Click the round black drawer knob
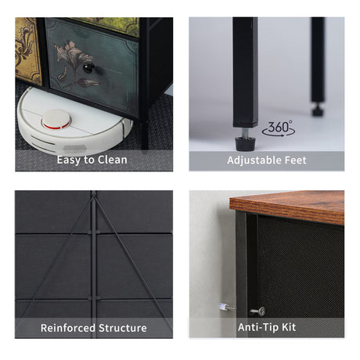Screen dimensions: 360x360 [x=88, y=68]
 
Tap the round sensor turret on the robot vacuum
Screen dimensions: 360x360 [x=56, y=120]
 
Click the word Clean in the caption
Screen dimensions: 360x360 [x=113, y=160]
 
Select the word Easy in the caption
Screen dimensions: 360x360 [x=69, y=160]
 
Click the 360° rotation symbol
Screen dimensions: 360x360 [x=279, y=128]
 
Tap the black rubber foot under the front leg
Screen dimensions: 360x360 [x=245, y=144]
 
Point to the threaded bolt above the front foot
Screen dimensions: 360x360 [x=245, y=132]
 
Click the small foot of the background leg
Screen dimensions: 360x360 [x=318, y=110]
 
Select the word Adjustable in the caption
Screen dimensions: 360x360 [x=254, y=160]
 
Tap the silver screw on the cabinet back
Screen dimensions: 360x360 [x=258, y=311]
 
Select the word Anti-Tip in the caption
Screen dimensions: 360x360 [x=257, y=327]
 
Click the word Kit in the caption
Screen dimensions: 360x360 [x=289, y=327]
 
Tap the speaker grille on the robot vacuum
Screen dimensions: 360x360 [x=75, y=148]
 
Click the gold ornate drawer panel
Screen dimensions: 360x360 [x=27, y=51]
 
